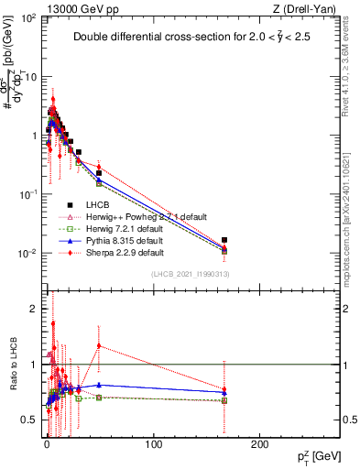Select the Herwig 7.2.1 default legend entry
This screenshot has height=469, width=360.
pyautogui.click(x=125, y=228)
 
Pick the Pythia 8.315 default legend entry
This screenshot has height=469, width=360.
pyautogui.click(x=125, y=240)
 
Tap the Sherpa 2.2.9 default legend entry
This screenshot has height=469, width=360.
pyautogui.click(x=124, y=252)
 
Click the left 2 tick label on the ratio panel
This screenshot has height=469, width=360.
pyautogui.click(x=34, y=309)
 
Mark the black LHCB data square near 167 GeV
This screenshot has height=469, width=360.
pyautogui.click(x=225, y=240)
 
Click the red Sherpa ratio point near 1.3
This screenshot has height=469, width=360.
pyautogui.click(x=98, y=346)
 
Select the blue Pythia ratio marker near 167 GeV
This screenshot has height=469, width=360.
pyautogui.click(x=225, y=392)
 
